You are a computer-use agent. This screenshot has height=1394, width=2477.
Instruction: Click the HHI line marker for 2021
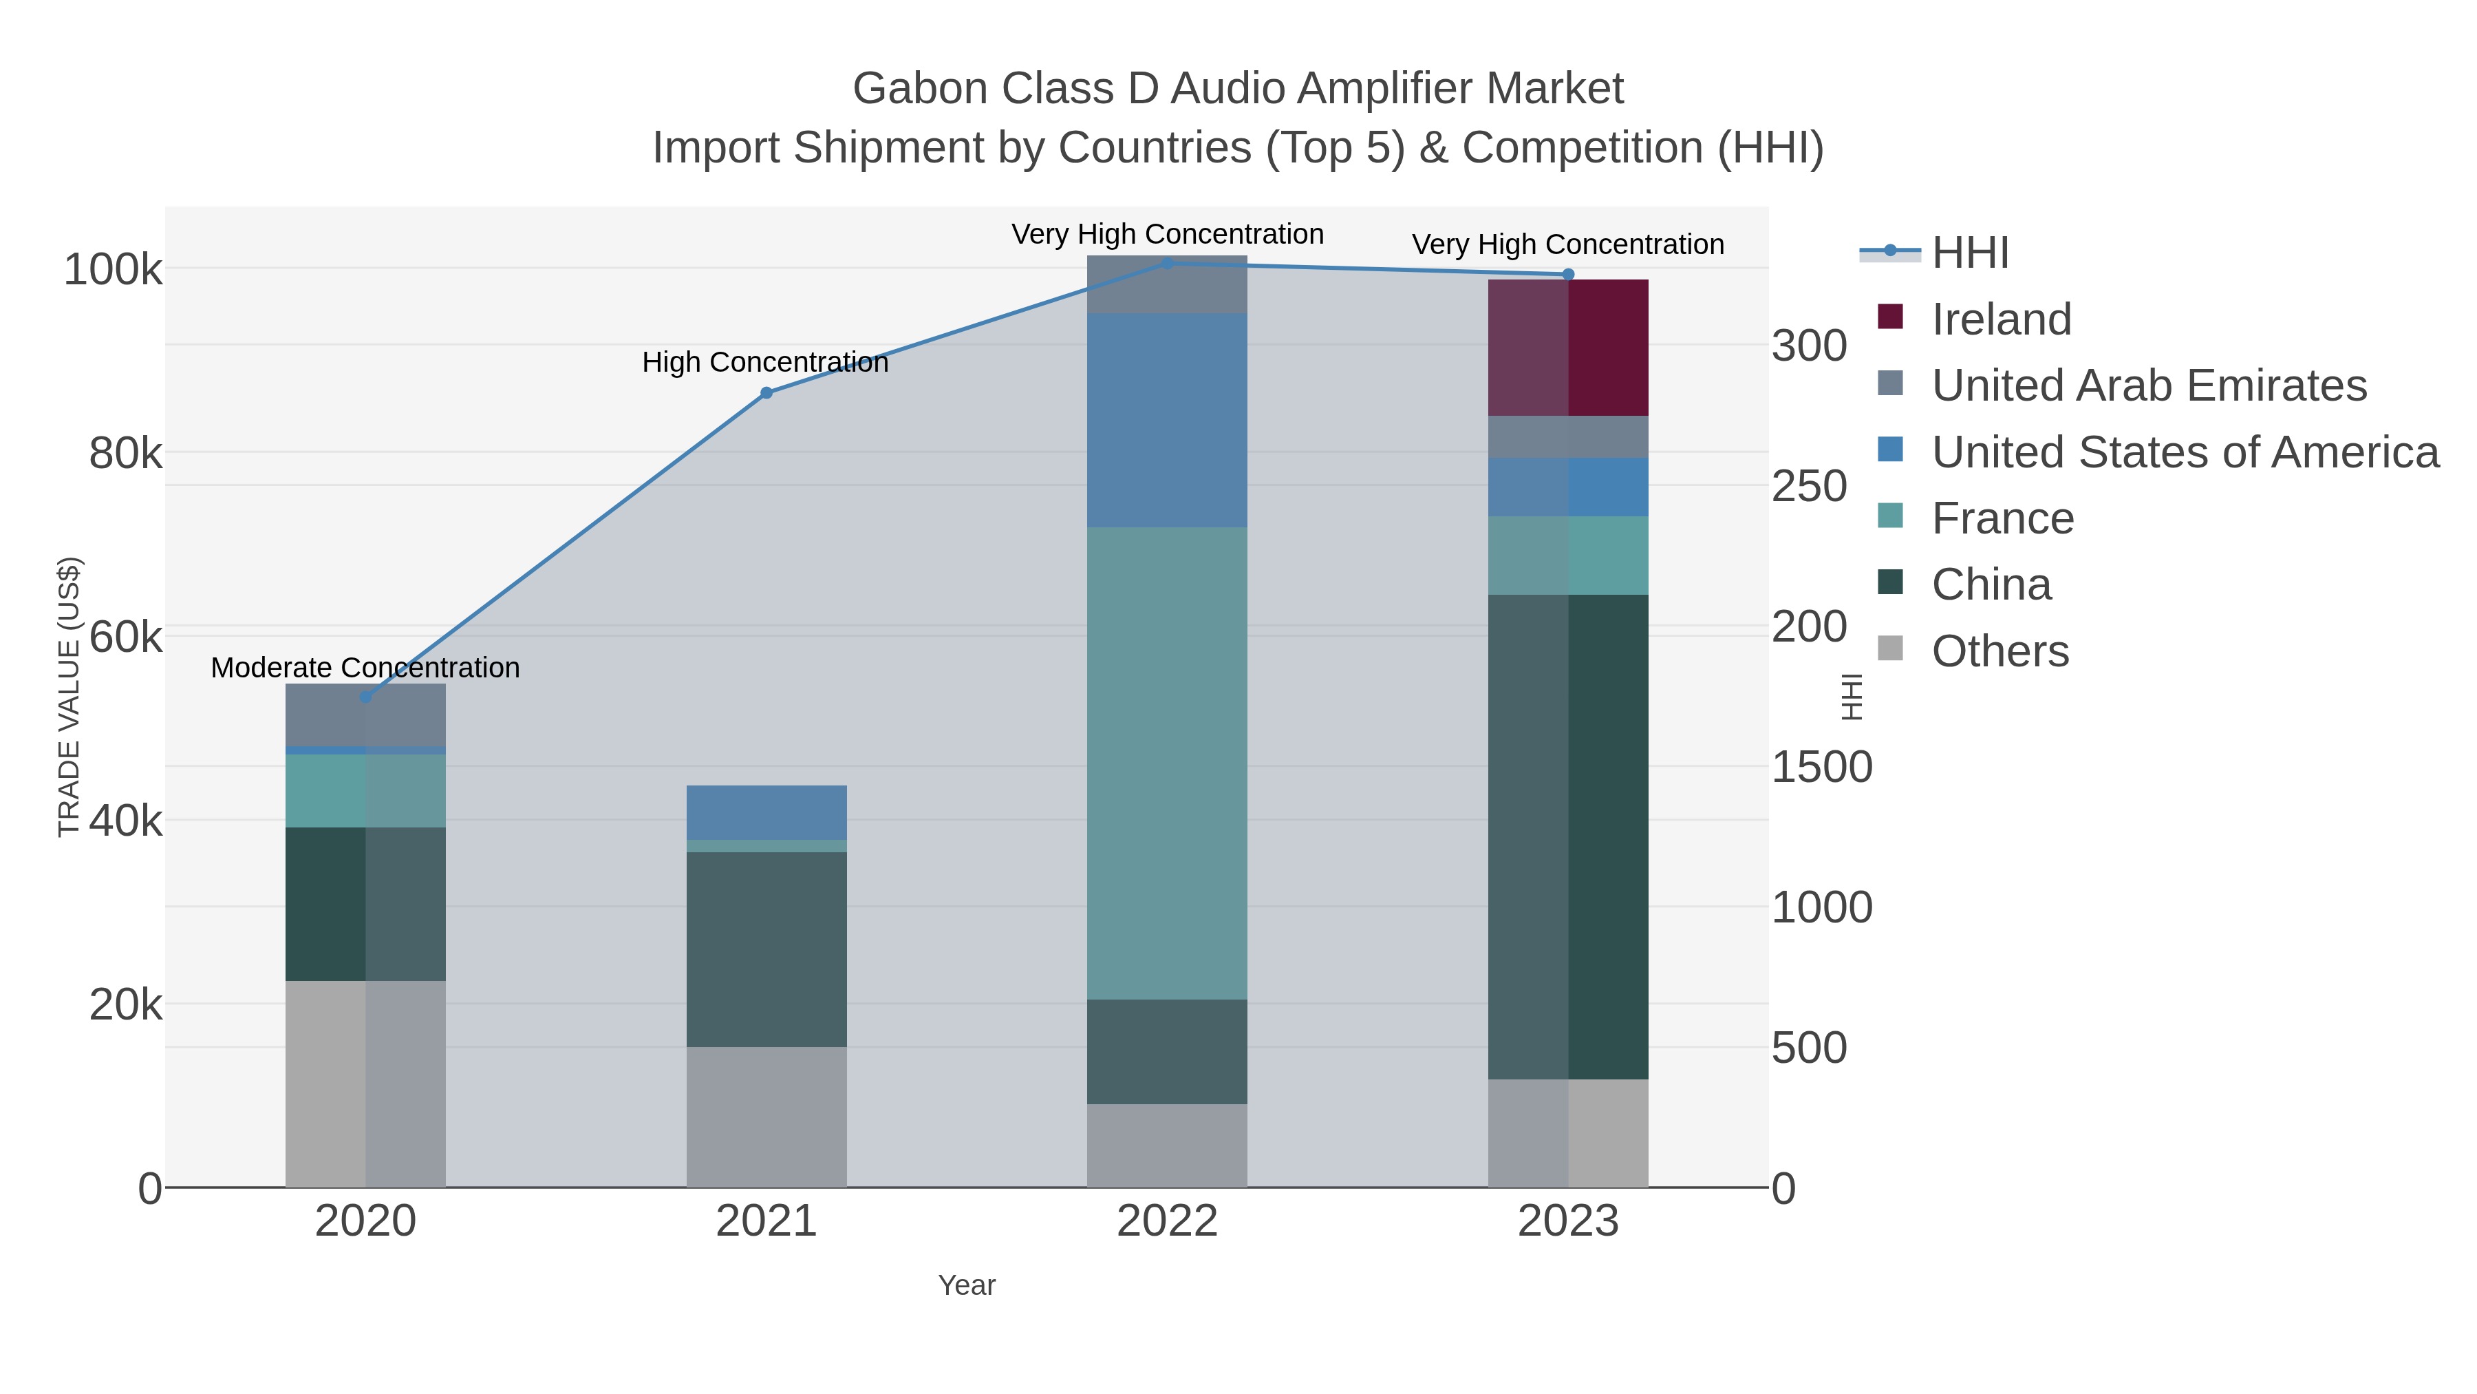click(766, 392)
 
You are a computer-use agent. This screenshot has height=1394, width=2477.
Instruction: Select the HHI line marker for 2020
click(365, 697)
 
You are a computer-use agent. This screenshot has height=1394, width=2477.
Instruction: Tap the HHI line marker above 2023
click(1568, 274)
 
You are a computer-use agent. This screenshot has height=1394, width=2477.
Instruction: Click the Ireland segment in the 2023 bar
click(1568, 348)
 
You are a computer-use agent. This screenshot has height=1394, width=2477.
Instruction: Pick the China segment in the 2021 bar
click(766, 949)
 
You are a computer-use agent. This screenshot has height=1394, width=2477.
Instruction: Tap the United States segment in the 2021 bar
click(766, 812)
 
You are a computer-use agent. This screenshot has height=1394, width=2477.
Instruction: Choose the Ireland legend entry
click(2000, 319)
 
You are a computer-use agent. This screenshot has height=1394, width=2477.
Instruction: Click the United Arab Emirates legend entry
click(2148, 386)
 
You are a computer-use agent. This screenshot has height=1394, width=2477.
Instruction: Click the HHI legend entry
click(1969, 253)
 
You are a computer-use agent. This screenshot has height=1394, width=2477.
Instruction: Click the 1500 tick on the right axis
click(1821, 768)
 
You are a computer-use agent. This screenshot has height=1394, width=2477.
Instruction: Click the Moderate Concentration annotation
click(365, 668)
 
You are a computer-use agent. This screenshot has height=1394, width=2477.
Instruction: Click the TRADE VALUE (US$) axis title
click(69, 697)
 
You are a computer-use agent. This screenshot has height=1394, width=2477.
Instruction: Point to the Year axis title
click(967, 1285)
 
